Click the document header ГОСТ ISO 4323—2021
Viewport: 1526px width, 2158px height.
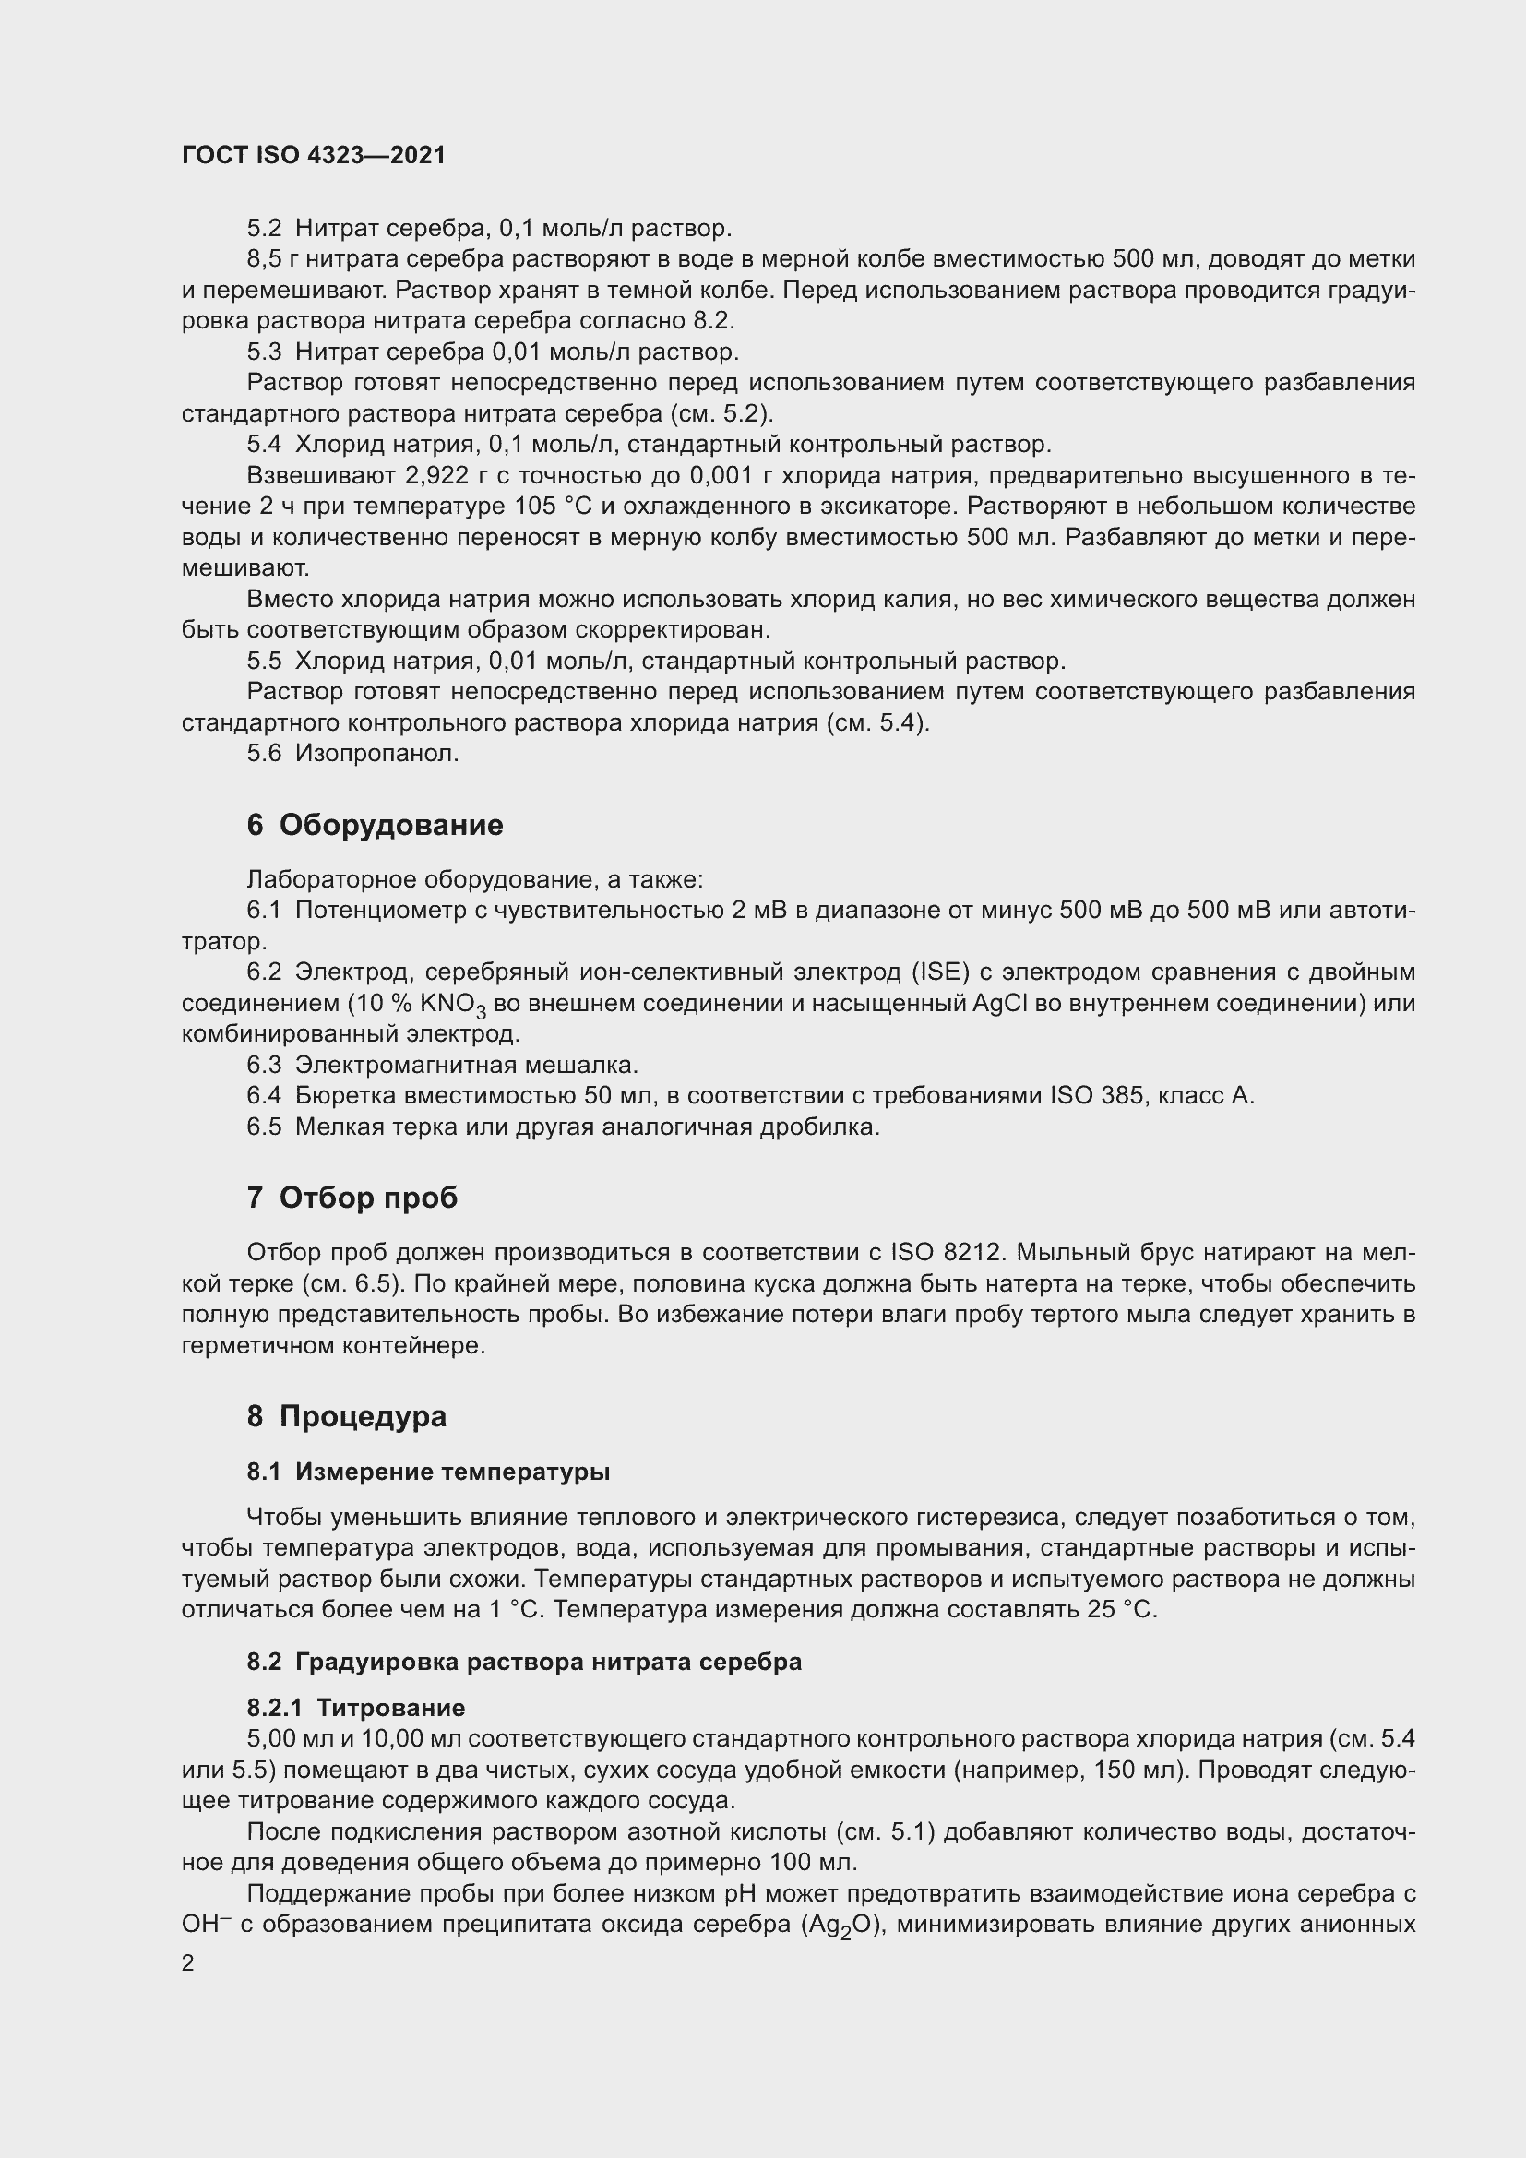click(313, 156)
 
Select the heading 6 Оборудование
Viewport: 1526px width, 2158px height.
click(375, 825)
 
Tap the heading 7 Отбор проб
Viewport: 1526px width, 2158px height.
click(352, 1198)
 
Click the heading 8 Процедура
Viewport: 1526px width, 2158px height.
click(347, 1415)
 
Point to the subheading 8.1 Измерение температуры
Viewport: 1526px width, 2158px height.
click(428, 1472)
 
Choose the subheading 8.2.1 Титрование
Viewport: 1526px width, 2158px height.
click(356, 1708)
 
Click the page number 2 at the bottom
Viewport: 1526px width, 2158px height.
click(188, 1963)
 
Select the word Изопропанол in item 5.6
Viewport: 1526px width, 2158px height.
click(376, 754)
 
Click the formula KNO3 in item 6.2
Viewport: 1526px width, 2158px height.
click(454, 1005)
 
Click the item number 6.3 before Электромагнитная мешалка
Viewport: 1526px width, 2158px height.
click(264, 1065)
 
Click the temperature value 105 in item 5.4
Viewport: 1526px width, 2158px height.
click(537, 507)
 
